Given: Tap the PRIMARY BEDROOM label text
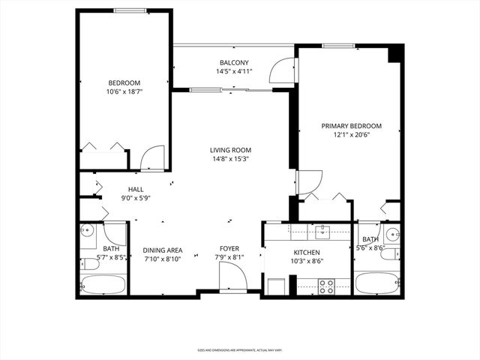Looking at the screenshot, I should point(351,126).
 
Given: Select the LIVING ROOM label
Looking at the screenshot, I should point(230,150).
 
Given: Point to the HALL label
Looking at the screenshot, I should point(136,190).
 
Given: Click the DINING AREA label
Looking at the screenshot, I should point(163,250).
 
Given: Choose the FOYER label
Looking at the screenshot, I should point(229,249).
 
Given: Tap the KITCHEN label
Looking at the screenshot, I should point(307,253).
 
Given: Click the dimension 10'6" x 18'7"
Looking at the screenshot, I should point(125,91).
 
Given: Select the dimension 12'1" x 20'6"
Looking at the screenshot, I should point(351,135).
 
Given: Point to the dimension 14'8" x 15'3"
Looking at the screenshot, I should point(230,159).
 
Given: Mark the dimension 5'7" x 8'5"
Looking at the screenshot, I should point(111,258).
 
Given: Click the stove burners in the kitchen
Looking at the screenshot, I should point(327,285).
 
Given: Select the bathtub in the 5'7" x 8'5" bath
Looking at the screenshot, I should point(103,284).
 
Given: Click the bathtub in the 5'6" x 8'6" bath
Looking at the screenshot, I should point(376,283).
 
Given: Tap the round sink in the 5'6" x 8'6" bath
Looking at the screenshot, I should point(391,232).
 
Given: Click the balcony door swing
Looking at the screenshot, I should point(283,70).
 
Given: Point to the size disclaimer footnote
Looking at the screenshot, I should point(240,349).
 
